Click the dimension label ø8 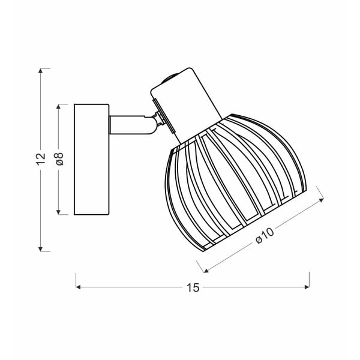coord(59,159)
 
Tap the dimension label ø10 coord(264,236)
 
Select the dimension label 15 coord(193,287)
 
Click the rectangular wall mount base coord(91,159)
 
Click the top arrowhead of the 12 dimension coord(40,71)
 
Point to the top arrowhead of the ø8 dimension coord(59,106)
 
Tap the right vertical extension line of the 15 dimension coord(309,279)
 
